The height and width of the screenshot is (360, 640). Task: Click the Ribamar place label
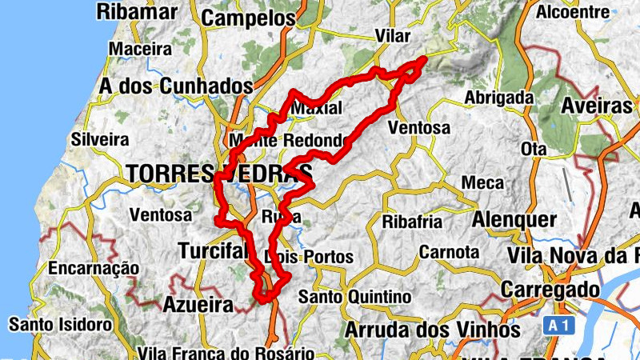tap(136, 11)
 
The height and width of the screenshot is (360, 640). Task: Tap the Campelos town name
tap(248, 18)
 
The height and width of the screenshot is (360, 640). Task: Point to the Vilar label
tap(392, 38)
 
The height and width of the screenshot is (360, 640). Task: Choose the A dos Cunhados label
tap(176, 86)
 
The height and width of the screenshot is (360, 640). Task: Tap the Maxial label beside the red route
tap(318, 108)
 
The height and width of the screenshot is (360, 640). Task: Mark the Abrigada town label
tap(499, 98)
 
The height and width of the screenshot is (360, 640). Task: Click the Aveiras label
tap(597, 106)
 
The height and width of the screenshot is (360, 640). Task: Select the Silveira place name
tap(99, 138)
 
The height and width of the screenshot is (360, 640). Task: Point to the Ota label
tap(533, 150)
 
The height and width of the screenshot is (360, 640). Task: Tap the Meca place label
tap(483, 183)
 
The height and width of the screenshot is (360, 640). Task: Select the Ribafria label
tap(413, 221)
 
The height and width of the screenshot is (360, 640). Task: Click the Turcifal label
tap(214, 251)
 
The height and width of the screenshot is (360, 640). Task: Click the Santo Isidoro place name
tap(60, 325)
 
